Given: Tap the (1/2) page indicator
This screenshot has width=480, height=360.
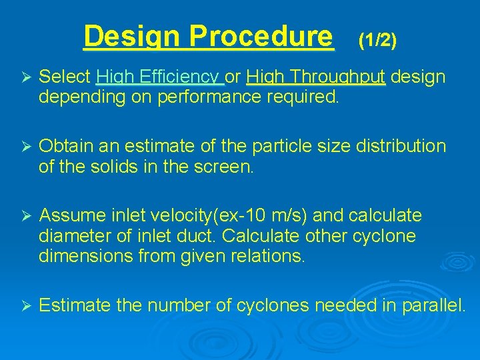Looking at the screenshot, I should pos(377,41).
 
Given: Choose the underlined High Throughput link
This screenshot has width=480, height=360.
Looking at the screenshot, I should pos(315,77).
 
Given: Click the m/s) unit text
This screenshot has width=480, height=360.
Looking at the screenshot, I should pos(288,215).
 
